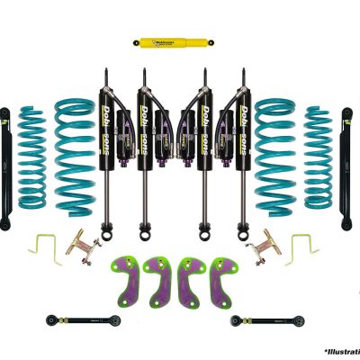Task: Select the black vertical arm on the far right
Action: pyautogui.click(x=348, y=166)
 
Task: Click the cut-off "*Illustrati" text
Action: pyautogui.click(x=342, y=351)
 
